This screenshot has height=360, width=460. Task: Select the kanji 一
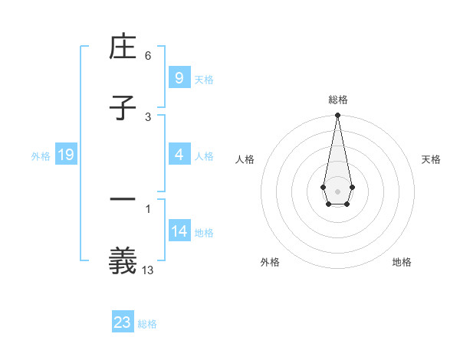coord(123,201)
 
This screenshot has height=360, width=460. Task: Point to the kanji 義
coord(123,260)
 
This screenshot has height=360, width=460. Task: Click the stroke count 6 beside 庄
coord(148,56)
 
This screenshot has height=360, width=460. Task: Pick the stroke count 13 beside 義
coord(149,269)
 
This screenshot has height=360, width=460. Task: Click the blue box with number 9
coord(179,77)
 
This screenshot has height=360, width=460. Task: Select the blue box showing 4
coord(179,155)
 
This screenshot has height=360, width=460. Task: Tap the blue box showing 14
coord(179,231)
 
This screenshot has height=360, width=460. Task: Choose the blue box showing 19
coord(65,155)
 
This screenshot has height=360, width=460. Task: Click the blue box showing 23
coord(123,322)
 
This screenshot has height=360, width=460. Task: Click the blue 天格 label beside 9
coord(204,80)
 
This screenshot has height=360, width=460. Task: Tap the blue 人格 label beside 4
coord(204,156)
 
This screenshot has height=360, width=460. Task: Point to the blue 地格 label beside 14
coord(204,233)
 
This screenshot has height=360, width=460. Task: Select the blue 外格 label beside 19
coord(41,156)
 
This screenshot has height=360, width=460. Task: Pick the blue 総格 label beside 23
coord(147,324)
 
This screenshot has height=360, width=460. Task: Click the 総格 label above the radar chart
coord(337,100)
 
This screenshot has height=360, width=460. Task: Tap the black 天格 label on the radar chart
coord(431,159)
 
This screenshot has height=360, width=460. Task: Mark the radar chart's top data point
coord(337,116)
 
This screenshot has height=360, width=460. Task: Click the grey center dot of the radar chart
coord(337,191)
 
